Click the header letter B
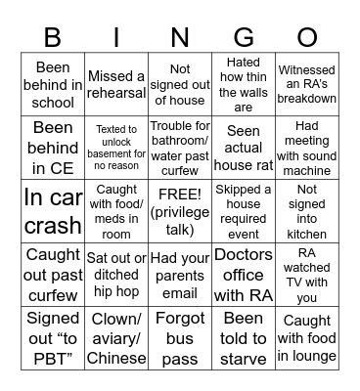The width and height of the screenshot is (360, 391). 53,37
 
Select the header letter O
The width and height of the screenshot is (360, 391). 307,37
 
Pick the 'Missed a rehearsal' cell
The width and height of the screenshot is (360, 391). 116,84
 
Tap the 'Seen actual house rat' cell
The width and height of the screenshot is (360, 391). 244,145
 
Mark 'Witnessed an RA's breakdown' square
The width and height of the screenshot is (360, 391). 307,84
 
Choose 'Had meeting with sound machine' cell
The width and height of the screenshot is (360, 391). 307,145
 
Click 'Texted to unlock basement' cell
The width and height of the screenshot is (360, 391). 116,145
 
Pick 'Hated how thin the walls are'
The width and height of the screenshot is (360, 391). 244,84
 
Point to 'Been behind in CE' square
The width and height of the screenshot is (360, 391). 53,145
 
